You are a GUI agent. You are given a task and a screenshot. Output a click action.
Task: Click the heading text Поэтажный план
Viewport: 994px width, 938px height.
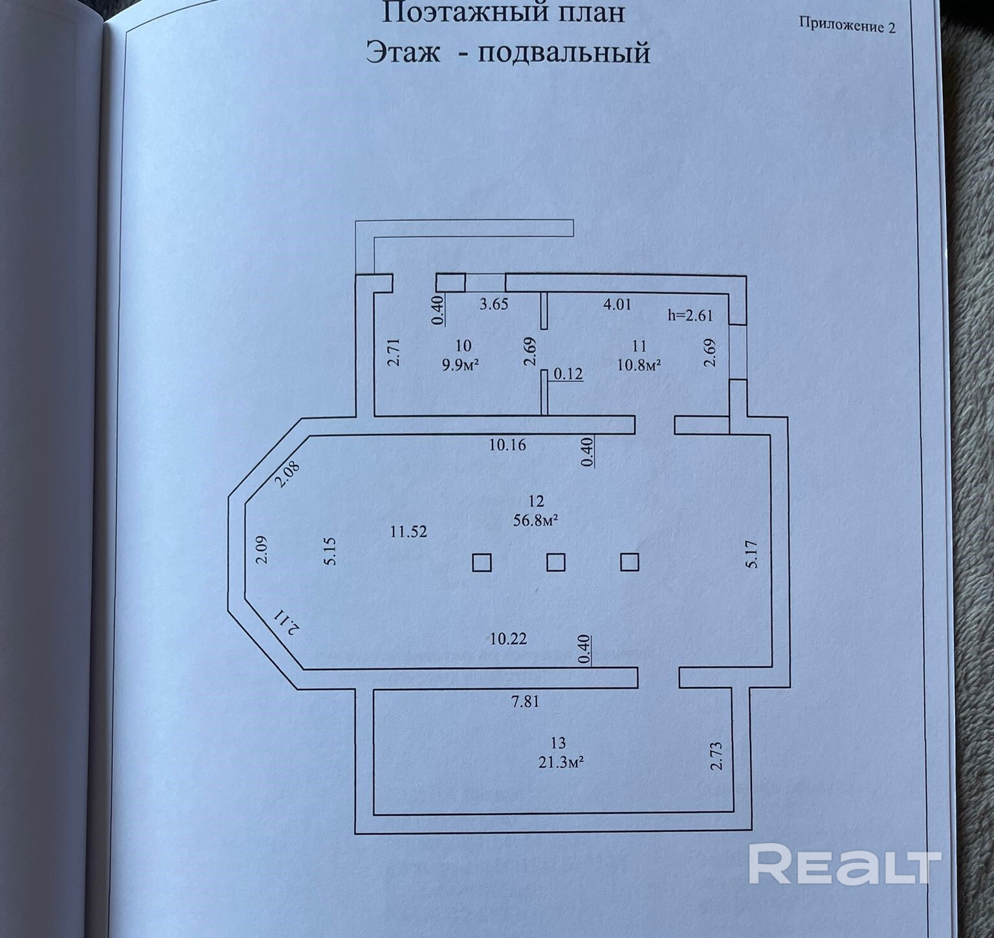coord(503,13)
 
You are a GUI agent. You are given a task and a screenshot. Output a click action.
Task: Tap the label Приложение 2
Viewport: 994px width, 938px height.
coord(847,25)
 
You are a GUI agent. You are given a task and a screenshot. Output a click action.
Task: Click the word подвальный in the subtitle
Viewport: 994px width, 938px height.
coord(564,52)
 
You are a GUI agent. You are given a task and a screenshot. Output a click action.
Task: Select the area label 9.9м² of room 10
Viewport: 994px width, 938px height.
coord(460,365)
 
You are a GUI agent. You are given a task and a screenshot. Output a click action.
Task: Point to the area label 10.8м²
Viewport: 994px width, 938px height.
coord(639,365)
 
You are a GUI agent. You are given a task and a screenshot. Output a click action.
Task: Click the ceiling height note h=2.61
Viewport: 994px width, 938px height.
coord(690,316)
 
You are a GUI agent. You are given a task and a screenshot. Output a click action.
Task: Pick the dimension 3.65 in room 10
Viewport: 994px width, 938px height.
coord(494,304)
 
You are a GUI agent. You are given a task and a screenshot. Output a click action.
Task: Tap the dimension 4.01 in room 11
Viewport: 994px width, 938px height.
coord(617,304)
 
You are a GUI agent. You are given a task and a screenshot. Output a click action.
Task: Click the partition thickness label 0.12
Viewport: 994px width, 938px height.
coord(569,374)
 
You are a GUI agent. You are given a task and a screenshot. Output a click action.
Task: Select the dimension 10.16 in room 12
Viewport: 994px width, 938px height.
coord(507,445)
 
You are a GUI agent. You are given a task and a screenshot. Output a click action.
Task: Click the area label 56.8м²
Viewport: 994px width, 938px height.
coord(536,521)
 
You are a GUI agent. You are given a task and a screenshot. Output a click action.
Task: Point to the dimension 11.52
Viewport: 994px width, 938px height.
coord(408,532)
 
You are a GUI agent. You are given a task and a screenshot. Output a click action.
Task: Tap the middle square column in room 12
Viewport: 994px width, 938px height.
coord(556,562)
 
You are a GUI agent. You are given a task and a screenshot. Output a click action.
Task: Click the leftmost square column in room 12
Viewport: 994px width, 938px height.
coord(481,562)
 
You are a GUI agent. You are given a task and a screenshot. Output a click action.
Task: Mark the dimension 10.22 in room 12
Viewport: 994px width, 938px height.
coord(508,639)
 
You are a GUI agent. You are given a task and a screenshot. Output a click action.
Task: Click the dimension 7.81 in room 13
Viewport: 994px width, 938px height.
coord(525,701)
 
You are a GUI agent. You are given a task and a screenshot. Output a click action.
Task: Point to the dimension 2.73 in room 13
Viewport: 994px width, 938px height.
coord(716,756)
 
